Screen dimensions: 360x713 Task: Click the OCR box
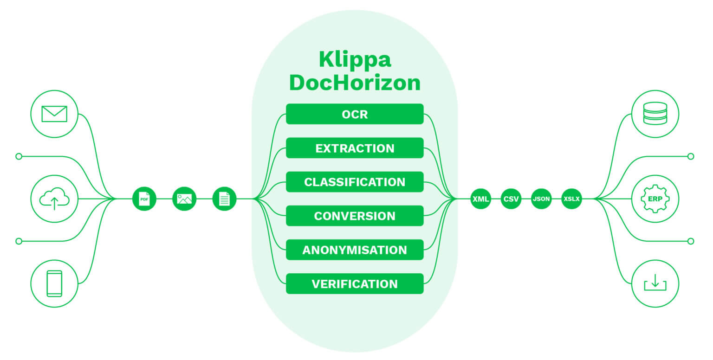tap(355, 114)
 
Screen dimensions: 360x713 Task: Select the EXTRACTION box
tap(355, 148)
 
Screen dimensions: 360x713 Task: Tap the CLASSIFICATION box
tap(355, 182)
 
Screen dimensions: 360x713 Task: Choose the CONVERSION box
tap(355, 216)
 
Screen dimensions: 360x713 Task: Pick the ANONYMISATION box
tap(355, 250)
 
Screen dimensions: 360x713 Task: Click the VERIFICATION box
tap(355, 283)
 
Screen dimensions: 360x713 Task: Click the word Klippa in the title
tap(355, 60)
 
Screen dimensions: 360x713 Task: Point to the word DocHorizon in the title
tap(355, 83)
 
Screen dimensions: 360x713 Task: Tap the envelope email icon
tap(54, 114)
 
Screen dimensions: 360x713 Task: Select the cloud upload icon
tap(54, 199)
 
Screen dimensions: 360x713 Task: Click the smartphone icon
tap(54, 283)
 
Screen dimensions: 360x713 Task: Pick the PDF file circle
tap(144, 199)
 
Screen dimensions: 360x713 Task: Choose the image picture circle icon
tap(184, 199)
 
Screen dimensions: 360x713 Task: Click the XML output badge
tap(480, 199)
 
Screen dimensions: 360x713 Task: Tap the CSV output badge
tap(511, 199)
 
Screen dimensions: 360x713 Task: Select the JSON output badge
tap(541, 199)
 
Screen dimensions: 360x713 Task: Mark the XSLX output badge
tap(571, 199)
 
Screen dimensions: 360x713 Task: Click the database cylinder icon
tap(655, 114)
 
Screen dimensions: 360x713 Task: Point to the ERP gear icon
tap(655, 199)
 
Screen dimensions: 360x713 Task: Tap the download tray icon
tap(655, 283)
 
